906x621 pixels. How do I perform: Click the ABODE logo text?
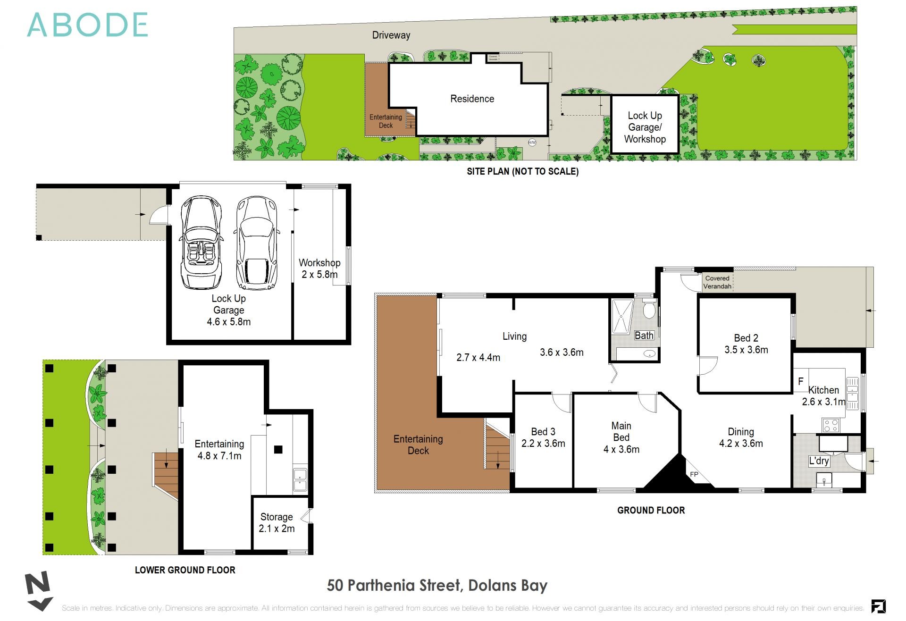pyautogui.click(x=88, y=25)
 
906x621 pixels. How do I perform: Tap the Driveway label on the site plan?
pyautogui.click(x=391, y=35)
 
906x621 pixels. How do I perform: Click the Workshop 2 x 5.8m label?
pyautogui.click(x=319, y=268)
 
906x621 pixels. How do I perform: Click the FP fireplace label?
pyautogui.click(x=694, y=474)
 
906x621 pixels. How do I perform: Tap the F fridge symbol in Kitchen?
pyautogui.click(x=800, y=381)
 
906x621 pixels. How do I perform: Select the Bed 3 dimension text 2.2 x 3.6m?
pyautogui.click(x=543, y=444)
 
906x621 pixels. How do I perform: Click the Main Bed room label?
pyautogui.click(x=621, y=431)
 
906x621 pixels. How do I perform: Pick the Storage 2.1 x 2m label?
pyautogui.click(x=277, y=523)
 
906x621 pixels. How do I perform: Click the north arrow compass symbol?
pyautogui.click(x=39, y=590)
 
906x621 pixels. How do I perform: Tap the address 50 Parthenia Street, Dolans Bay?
pyautogui.click(x=437, y=586)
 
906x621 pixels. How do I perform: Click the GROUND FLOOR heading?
pyautogui.click(x=651, y=510)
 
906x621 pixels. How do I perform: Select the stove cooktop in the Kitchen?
pyautogui.click(x=830, y=425)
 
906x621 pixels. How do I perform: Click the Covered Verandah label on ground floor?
pyautogui.click(x=717, y=282)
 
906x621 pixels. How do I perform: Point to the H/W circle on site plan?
pyautogui.click(x=532, y=142)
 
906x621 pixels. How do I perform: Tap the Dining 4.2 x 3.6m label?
pyautogui.click(x=741, y=437)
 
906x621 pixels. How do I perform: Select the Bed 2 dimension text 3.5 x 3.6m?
pyautogui.click(x=746, y=350)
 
